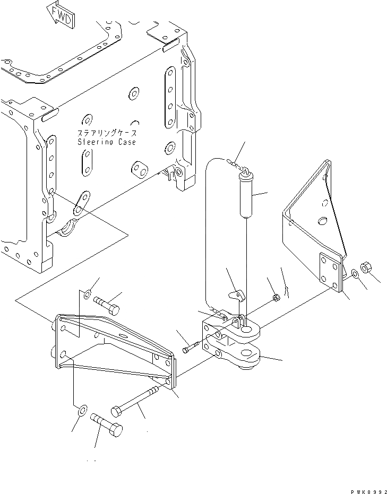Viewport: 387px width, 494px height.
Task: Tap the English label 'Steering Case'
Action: pos(107,142)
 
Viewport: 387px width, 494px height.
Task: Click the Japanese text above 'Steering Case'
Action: pos(107,133)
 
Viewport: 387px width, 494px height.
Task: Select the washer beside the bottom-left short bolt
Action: pos(81,411)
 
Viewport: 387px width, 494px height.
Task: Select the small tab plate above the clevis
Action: pos(236,295)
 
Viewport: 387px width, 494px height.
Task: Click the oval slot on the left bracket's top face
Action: pos(124,336)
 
